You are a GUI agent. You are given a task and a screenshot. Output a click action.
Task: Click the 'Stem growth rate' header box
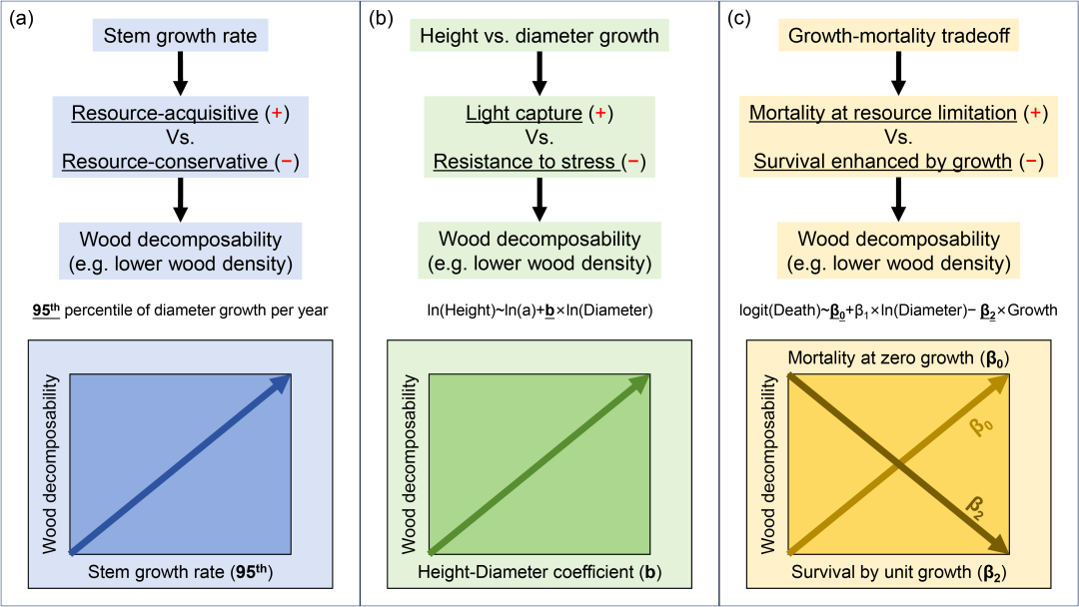pos(180,38)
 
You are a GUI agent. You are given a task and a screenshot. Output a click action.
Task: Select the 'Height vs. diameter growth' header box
pos(539,38)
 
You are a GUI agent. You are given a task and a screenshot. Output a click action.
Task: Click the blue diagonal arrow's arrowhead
pos(283,380)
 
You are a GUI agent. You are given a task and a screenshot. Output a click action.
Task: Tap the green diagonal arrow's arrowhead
pos(643,380)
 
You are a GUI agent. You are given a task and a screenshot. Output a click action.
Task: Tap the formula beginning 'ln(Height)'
pos(539,310)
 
